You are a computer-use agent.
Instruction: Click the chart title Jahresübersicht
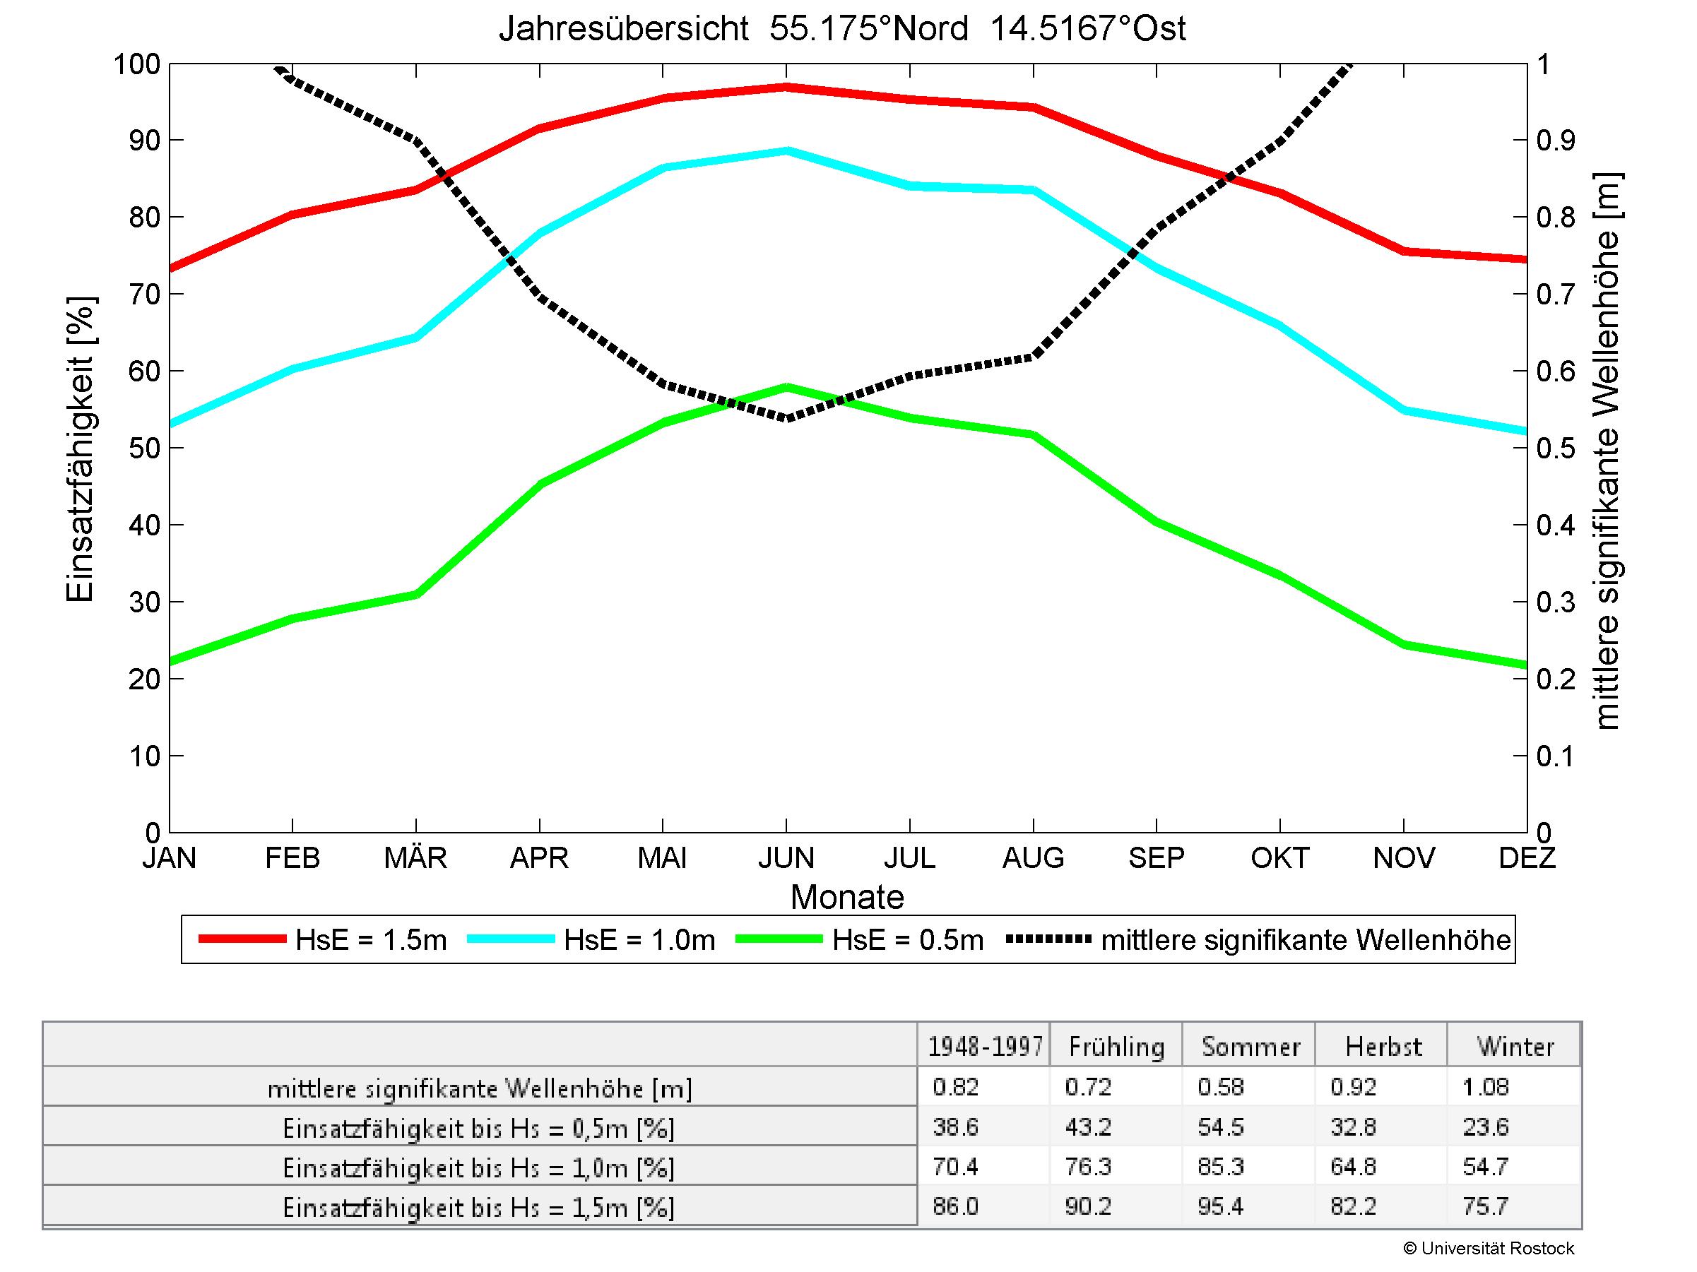[841, 29]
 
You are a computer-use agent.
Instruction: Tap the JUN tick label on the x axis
[786, 857]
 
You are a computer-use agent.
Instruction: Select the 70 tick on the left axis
[144, 295]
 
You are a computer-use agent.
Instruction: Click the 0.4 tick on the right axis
[1555, 525]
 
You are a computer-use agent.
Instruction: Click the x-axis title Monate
[847, 897]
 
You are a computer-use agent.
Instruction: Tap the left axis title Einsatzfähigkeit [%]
[80, 449]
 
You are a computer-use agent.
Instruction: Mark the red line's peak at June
[786, 87]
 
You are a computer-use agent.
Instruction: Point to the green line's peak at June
[786, 387]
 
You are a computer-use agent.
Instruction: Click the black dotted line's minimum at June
[786, 419]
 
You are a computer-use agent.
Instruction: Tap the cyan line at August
[1034, 190]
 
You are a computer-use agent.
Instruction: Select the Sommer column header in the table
[1250, 1047]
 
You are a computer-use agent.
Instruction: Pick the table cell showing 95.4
[1220, 1207]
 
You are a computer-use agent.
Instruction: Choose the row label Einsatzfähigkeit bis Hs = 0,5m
[479, 1129]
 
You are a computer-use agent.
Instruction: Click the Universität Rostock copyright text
[1488, 1248]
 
